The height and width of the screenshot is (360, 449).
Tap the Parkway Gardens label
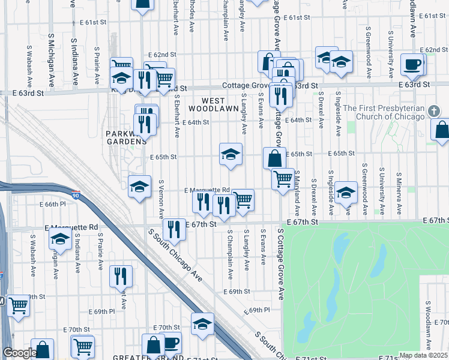tap(127, 137)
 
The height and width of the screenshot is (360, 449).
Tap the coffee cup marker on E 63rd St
tap(412, 64)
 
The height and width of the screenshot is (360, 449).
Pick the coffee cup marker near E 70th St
tap(171, 343)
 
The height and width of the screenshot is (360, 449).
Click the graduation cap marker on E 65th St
tap(231, 155)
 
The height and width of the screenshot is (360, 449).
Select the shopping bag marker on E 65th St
tap(274, 158)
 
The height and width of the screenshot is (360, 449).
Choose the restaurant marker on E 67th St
tap(173, 229)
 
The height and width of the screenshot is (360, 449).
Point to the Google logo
tap(19, 353)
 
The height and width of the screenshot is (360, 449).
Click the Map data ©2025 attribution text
tap(423, 355)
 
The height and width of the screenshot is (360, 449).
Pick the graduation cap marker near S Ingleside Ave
tap(346, 193)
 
